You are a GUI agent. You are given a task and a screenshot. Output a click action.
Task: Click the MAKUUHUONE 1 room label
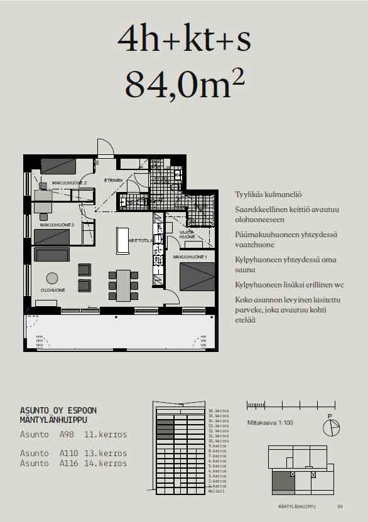(x=190, y=257)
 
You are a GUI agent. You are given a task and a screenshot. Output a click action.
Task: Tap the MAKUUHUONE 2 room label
(x=69, y=183)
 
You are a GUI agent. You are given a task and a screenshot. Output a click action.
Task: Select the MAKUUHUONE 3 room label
(x=57, y=225)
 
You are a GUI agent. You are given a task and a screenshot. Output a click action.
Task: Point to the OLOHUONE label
(x=53, y=290)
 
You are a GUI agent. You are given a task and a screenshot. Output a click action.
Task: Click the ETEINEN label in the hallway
(x=113, y=180)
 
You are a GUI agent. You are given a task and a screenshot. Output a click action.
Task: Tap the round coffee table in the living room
(x=52, y=278)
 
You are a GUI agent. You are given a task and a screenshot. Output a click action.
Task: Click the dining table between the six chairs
(x=123, y=284)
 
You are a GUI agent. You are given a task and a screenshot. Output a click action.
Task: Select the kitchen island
(x=122, y=240)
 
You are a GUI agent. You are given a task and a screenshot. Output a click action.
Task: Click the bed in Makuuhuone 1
(x=197, y=276)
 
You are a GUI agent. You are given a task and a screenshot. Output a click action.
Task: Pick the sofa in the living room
(x=52, y=255)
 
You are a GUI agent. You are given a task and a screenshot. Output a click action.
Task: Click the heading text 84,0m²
(x=184, y=83)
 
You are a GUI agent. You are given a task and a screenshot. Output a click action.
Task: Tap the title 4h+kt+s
(x=184, y=39)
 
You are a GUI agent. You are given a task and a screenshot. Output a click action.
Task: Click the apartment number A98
(x=67, y=434)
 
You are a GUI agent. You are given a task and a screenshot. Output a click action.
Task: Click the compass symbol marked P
(x=330, y=428)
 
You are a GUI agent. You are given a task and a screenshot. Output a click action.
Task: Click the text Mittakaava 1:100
(x=269, y=422)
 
